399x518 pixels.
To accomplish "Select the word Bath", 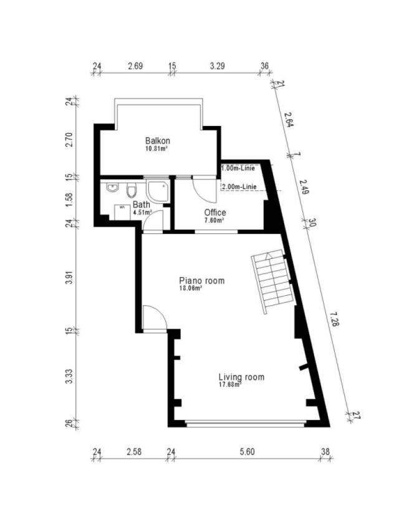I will (141, 204).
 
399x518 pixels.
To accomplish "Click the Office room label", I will (215, 213).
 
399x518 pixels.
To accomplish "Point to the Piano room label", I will (201, 281).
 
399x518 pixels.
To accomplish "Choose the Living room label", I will (241, 377).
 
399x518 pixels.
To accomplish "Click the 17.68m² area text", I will (229, 385).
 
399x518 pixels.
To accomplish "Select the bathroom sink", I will (112, 188).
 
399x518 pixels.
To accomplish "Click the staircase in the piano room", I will (272, 281).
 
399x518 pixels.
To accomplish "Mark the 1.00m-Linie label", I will (238, 168).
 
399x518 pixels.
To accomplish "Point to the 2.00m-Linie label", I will (239, 187).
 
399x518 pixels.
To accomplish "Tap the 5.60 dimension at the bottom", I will (248, 451).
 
